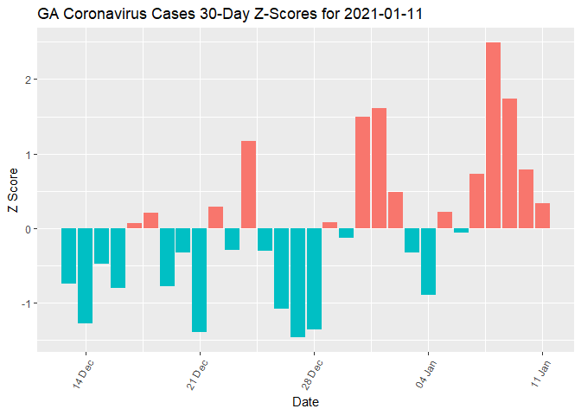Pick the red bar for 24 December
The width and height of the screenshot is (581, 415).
[248, 185]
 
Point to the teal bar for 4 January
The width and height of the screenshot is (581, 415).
[428, 262]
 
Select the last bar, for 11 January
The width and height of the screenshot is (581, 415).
[542, 216]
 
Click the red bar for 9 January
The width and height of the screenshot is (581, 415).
[509, 163]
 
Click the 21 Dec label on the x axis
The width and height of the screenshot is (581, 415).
[199, 373]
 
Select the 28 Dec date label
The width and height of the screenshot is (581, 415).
[313, 373]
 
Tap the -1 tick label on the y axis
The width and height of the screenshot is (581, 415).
[25, 303]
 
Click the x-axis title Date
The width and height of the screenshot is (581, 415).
[305, 402]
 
